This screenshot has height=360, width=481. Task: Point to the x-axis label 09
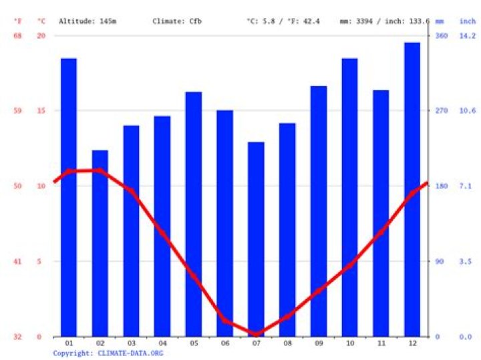(x=319, y=343)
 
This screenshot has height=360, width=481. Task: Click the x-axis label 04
(x=162, y=343)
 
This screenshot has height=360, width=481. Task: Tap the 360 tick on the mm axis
(x=442, y=35)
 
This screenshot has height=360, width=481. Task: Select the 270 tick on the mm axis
(x=442, y=111)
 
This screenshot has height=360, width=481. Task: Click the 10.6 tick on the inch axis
(x=468, y=111)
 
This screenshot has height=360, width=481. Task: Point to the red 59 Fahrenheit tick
(x=18, y=111)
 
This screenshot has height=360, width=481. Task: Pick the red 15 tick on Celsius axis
(x=41, y=111)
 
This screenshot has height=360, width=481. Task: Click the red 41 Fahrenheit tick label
(x=18, y=262)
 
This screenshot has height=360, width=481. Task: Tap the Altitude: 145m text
(x=88, y=21)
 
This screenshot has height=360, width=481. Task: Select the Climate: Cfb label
(x=177, y=21)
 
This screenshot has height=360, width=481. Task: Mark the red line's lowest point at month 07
(x=256, y=333)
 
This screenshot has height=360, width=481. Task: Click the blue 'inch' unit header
(x=468, y=21)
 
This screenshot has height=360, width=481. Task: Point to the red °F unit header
(x=18, y=21)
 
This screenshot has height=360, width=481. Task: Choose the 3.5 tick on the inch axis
(x=466, y=262)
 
